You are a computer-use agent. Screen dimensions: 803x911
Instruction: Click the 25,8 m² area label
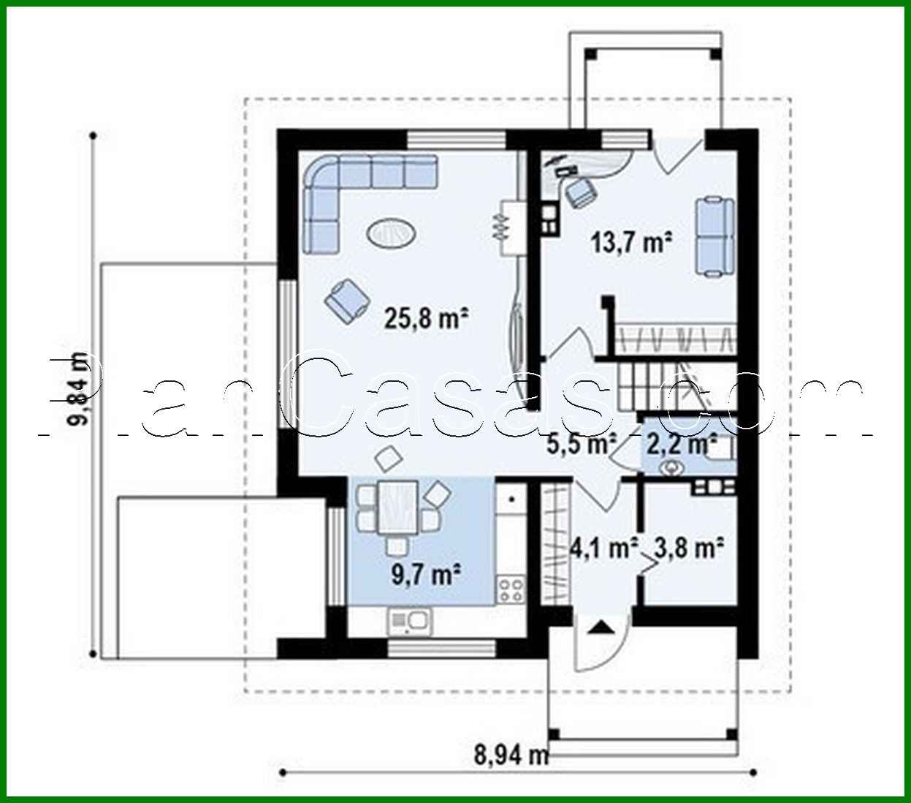(x=426, y=318)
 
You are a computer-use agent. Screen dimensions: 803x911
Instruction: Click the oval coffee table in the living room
(x=392, y=234)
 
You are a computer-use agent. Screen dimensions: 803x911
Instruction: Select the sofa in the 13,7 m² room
(x=714, y=235)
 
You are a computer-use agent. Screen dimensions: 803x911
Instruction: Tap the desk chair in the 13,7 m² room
(x=582, y=192)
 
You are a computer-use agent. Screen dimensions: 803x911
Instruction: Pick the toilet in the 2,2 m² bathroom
(x=671, y=466)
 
